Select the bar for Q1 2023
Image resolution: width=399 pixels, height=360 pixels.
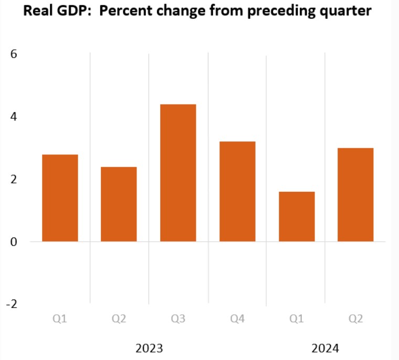(60, 198)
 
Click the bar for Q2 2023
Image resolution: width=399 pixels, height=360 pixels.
(119, 204)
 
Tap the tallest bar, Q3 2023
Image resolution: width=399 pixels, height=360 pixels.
(178, 173)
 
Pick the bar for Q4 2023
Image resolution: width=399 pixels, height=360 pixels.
(237, 192)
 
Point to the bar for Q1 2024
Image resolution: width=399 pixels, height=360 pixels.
(297, 217)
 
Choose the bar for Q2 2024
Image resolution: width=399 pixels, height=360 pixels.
(355, 195)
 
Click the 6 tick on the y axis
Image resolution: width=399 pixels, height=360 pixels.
(14, 54)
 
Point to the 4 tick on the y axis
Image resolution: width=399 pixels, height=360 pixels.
(14, 117)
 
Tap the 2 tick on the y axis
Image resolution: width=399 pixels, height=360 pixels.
(14, 179)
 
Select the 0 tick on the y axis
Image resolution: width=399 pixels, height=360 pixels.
(14, 242)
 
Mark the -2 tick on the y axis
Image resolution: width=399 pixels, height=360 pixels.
(12, 304)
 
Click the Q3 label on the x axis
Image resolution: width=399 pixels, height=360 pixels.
(178, 319)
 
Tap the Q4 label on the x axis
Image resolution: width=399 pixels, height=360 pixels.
(237, 319)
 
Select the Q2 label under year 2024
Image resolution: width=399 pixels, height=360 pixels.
(355, 319)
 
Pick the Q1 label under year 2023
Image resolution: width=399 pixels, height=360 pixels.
(60, 319)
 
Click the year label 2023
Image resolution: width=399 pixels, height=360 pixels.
(149, 348)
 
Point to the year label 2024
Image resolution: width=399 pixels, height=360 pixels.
(325, 348)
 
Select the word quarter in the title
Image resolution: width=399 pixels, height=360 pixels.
(346, 11)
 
